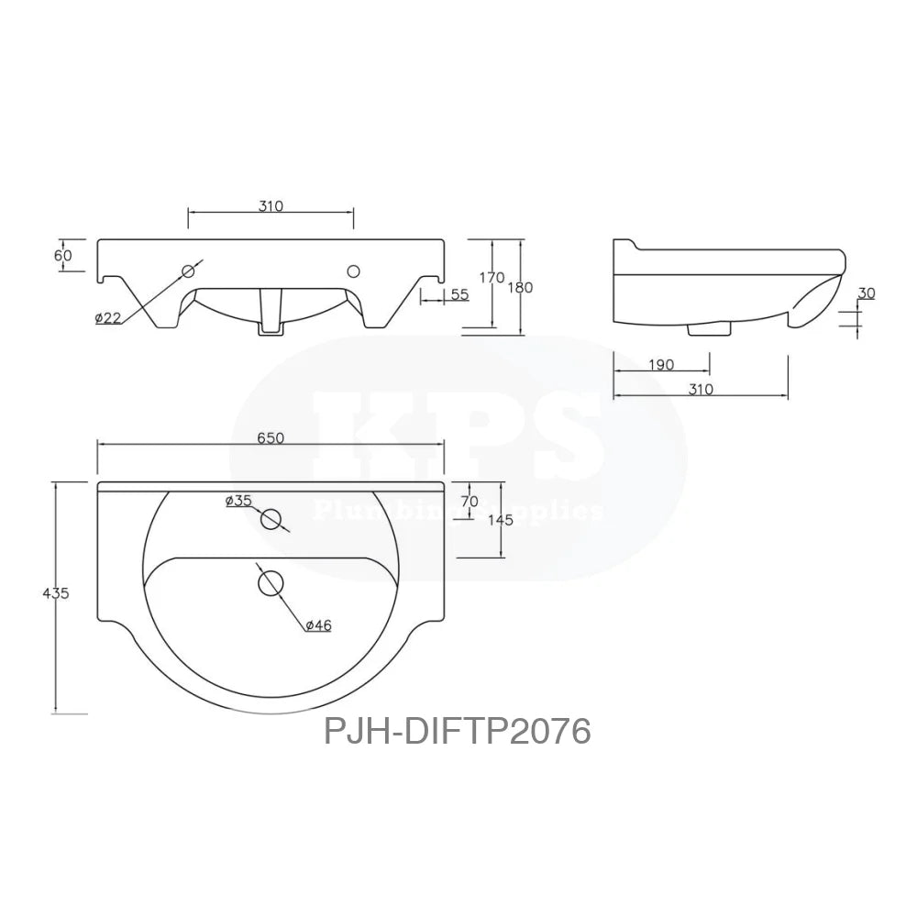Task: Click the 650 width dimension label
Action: (x=271, y=438)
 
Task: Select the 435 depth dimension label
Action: (x=56, y=593)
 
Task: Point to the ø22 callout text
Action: (x=107, y=317)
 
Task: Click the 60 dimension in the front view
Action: (x=62, y=256)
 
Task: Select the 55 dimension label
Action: (x=459, y=294)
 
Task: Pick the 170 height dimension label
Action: (x=492, y=277)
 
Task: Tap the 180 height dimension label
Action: (x=521, y=287)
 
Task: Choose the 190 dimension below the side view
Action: (x=660, y=365)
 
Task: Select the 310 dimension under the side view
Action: (x=700, y=389)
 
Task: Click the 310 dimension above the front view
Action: (x=271, y=206)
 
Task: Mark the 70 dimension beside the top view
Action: (x=470, y=502)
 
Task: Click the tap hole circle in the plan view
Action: (x=271, y=519)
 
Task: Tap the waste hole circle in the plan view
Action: (x=270, y=582)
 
